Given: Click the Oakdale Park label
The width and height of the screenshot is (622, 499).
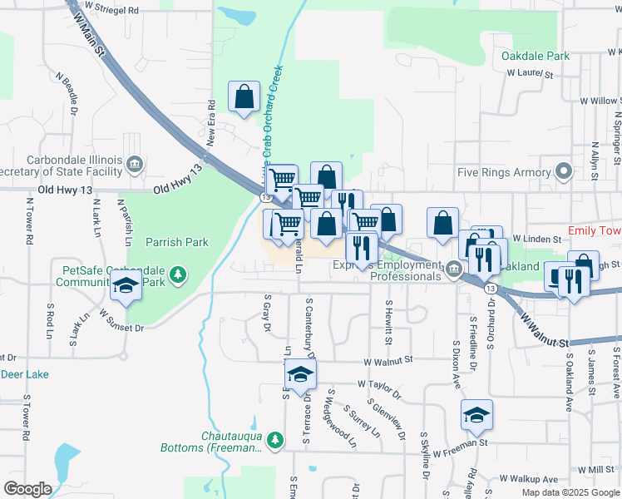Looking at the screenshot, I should coord(536,56).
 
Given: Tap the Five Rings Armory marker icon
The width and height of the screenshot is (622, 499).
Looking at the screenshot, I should coord(565,172).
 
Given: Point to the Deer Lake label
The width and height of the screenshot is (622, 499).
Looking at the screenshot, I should coord(24,374).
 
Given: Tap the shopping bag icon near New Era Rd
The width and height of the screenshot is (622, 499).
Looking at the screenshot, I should coord(244,97).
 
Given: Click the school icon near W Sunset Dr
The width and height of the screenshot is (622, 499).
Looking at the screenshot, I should coord(126,287).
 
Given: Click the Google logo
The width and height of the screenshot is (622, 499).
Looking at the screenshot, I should coord(27,488).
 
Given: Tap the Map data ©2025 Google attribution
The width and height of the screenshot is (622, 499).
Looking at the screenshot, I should coord(570,492).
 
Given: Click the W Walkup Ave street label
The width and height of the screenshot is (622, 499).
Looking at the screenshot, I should coord(528,479).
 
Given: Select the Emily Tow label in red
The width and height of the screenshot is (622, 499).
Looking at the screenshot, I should coord(594,230).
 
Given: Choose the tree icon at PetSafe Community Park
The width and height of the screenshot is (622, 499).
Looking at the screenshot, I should coord(176,274).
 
